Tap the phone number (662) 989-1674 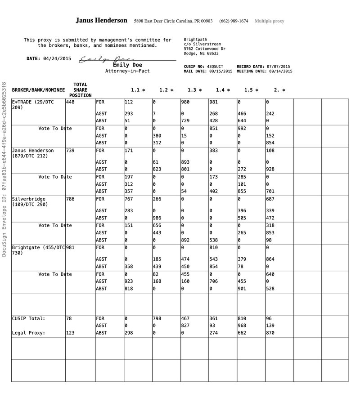pyautogui.click(x=234, y=21)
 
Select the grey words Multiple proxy pyautogui.click(x=269, y=21)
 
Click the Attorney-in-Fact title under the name pyautogui.click(x=127, y=71)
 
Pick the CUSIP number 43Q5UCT pyautogui.click(x=215, y=67)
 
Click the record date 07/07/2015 pyautogui.click(x=279, y=67)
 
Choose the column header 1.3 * pyautogui.click(x=194, y=90)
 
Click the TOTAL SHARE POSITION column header pyautogui.click(x=80, y=90)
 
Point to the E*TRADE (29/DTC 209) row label pyautogui.click(x=33, y=105)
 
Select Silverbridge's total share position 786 pyautogui.click(x=71, y=199)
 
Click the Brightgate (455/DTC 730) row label pyautogui.click(x=38, y=250)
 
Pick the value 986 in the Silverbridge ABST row pyautogui.click(x=157, y=218)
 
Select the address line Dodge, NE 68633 pyautogui.click(x=201, y=54)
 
